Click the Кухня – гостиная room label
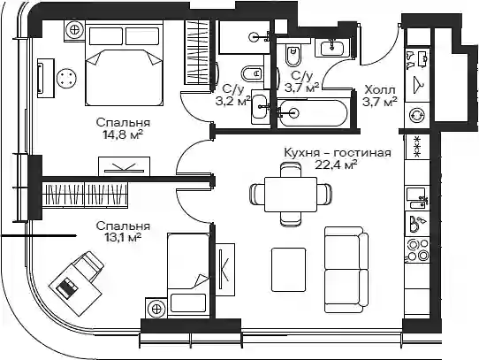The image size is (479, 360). (x=338, y=152)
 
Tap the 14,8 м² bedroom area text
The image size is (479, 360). (x=123, y=134)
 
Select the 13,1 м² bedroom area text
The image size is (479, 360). (x=123, y=238)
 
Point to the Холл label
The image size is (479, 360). (x=380, y=90)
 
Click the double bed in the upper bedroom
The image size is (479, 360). (x=124, y=65)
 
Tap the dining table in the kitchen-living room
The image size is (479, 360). (x=291, y=195)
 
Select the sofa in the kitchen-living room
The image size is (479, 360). (x=346, y=270)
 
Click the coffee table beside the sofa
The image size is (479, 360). (x=289, y=270)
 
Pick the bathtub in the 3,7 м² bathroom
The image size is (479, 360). (x=312, y=112)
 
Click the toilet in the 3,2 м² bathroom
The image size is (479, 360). (x=253, y=73)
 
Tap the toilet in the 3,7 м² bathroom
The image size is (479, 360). (x=293, y=55)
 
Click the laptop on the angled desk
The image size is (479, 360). (x=67, y=287)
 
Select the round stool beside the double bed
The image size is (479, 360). (x=67, y=79)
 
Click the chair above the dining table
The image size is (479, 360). (x=291, y=170)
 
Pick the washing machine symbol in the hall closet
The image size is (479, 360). (x=417, y=115)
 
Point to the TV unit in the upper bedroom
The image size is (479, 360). (x=124, y=166)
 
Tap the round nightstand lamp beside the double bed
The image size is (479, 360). (x=74, y=30)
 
